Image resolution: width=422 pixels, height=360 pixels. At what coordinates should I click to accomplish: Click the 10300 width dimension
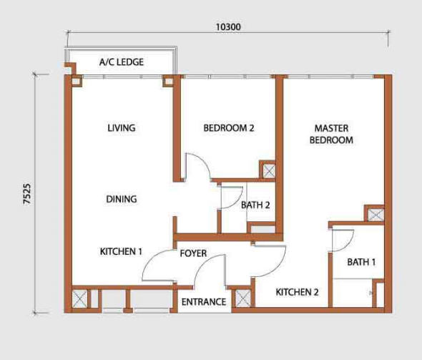click(228, 27)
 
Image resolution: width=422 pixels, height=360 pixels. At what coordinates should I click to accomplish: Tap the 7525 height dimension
click(27, 195)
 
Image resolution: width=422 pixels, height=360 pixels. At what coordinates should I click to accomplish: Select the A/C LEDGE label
click(122, 62)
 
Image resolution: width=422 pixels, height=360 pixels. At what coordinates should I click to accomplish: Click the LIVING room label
click(122, 128)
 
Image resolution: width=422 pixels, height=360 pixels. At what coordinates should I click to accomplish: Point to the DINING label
click(122, 199)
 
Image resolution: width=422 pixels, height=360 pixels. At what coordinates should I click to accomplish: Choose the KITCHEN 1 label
click(121, 251)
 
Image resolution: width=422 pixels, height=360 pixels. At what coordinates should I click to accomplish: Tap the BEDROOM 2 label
click(228, 128)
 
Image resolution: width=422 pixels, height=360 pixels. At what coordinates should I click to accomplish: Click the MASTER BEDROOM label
click(331, 134)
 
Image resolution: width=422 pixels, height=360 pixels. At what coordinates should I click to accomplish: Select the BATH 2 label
click(255, 205)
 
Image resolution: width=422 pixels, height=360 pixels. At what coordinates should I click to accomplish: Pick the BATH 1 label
click(361, 262)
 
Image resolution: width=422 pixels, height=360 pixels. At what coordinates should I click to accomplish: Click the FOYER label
click(193, 253)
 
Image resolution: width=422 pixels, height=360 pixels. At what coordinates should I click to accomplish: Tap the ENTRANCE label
click(204, 302)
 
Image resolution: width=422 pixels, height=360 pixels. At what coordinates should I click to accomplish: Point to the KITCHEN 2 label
click(297, 292)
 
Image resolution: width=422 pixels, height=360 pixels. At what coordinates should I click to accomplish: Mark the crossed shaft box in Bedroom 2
click(269, 171)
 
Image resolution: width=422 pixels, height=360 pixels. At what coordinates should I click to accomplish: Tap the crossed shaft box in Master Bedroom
click(376, 215)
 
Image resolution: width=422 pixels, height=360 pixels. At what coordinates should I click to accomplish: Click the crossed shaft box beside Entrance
click(242, 298)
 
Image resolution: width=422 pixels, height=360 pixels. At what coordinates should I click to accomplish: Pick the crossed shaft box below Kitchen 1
click(80, 298)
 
